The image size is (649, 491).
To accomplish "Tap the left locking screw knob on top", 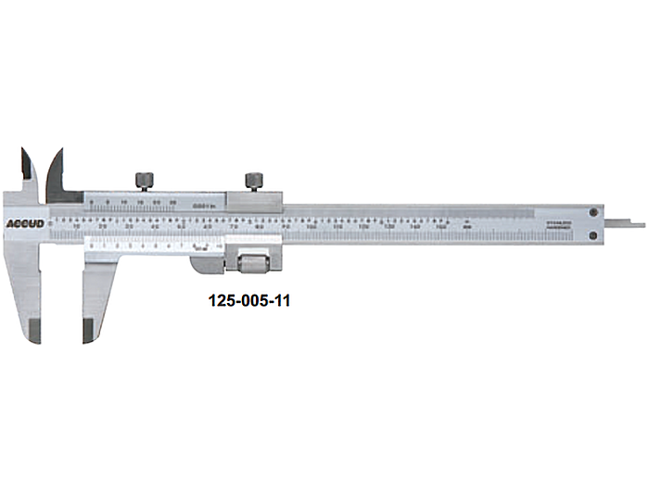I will [x=145, y=180].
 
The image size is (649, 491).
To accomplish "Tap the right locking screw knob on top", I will [x=253, y=180].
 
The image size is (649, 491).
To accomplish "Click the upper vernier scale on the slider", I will [x=153, y=200].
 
